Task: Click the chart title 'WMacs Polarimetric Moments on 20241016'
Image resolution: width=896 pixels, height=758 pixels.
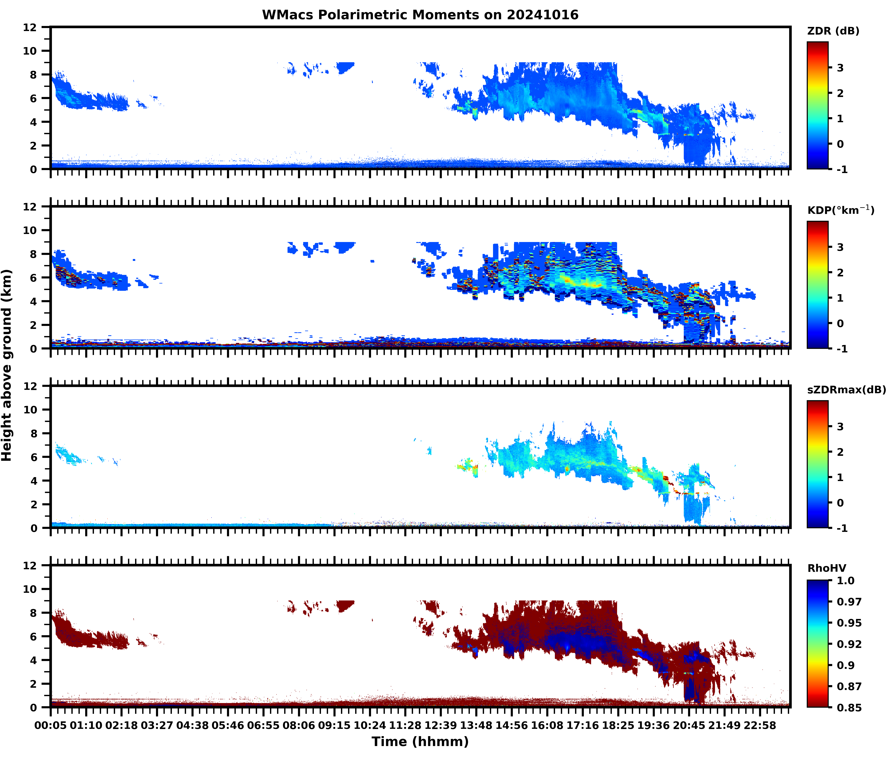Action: [x=420, y=15]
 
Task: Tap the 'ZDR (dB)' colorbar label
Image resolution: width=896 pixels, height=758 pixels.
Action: [x=833, y=31]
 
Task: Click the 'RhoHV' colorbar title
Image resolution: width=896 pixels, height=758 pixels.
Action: [x=827, y=568]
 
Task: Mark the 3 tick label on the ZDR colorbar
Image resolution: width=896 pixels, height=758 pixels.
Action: [x=840, y=68]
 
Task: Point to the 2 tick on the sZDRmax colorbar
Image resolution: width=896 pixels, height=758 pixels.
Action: [x=840, y=452]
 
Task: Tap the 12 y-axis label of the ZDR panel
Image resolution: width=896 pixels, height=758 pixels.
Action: [x=30, y=27]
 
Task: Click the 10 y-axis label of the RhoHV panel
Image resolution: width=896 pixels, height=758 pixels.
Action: [x=30, y=589]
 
